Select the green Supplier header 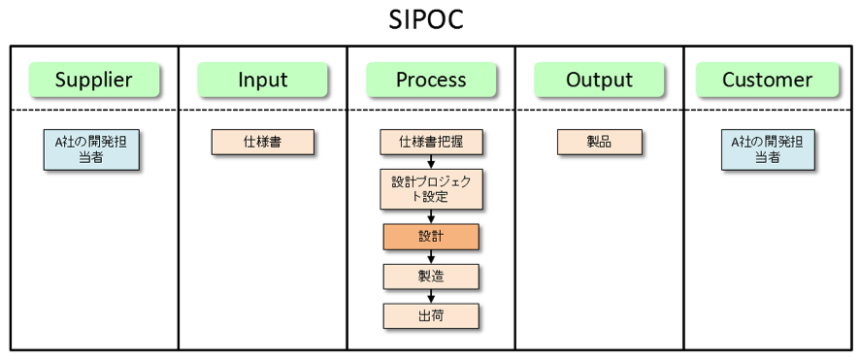tap(93, 80)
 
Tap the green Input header tap(262, 80)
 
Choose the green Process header tap(431, 80)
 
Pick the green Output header tap(599, 80)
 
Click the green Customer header tap(767, 80)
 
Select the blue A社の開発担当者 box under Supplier tap(90, 149)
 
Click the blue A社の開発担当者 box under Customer tap(767, 149)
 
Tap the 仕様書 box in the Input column tap(263, 142)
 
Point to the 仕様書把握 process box tap(431, 142)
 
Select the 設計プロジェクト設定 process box tap(431, 189)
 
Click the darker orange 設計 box tap(431, 237)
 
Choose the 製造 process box tap(431, 276)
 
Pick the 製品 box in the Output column tap(599, 142)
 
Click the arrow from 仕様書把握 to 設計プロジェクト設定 tap(431, 161)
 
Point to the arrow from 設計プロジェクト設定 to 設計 tap(431, 217)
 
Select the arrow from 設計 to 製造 tap(431, 256)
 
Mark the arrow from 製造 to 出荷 tap(431, 295)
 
